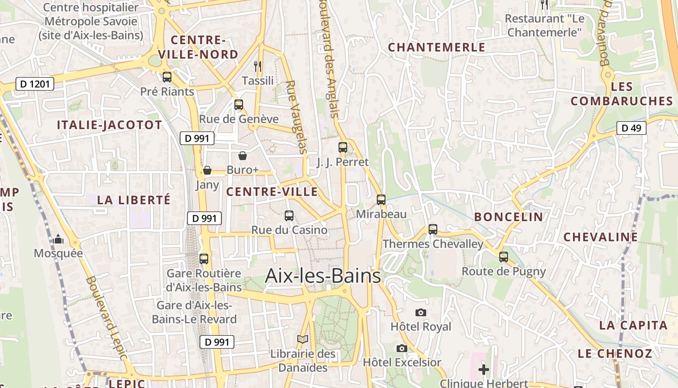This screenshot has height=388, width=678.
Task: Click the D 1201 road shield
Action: [34, 84]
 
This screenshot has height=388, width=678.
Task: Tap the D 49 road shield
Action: [631, 128]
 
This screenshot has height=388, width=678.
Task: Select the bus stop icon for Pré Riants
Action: [167, 77]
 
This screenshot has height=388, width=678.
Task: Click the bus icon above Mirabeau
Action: [381, 199]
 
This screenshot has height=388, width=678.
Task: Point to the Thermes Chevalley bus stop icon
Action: [433, 229]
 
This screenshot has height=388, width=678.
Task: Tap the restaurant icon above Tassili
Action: [258, 65]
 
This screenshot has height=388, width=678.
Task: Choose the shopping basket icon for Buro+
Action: [243, 155]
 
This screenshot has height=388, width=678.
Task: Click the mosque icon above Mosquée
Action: [58, 239]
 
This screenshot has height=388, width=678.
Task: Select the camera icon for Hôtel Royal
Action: [421, 312]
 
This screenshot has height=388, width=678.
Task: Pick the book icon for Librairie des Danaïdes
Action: [303, 339]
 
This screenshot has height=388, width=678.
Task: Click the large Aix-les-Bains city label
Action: [323, 276]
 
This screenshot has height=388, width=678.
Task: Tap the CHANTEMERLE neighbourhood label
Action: [436, 47]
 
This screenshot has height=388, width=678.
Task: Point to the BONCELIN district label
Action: [508, 217]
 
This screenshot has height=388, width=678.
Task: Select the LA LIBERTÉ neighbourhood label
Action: [134, 200]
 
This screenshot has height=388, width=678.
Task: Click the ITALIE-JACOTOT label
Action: [109, 125]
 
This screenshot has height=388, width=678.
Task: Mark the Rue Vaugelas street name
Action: [296, 117]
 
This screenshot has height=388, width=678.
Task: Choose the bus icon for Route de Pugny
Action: [504, 257]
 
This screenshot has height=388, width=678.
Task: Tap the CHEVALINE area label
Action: [601, 237]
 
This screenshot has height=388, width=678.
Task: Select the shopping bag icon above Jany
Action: [207, 170]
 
